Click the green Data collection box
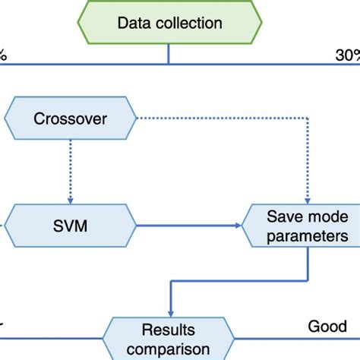169,24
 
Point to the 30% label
346,55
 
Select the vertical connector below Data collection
169,55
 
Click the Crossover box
70,118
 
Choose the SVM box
71,226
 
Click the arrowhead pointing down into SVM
71,197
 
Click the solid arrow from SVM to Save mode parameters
190,226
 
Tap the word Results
169,331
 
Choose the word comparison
169,349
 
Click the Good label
327,327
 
